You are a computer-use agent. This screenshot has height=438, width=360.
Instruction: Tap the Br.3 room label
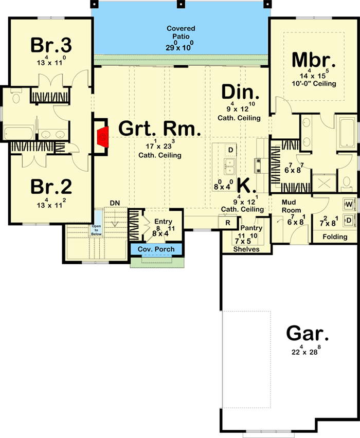pos(51,45)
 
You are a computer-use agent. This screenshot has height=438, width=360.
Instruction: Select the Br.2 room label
pos(51,186)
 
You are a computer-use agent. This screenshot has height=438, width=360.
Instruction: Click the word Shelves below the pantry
pos(246,249)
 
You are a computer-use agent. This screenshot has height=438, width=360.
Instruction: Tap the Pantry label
pos(251,228)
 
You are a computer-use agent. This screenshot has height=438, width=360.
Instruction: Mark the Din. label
pos(240,93)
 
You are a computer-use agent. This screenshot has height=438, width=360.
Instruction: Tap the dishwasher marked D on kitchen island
pos(231,150)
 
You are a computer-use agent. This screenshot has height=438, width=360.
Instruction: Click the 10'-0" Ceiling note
pos(314,83)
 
